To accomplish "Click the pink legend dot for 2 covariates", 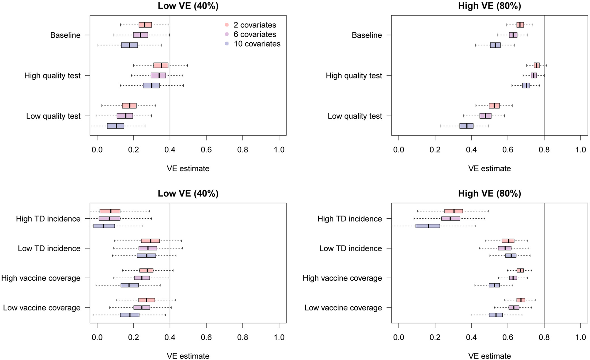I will pos(227,25).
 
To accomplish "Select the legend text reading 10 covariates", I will pos(257,44).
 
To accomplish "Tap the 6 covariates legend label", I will pos(255,35).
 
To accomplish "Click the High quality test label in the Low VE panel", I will pos(52,76).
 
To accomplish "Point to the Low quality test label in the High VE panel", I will pos(355,116).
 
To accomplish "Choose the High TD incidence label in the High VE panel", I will pos(350,219).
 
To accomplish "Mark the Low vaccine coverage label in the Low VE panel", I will pos(42,308).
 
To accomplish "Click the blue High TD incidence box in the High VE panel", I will pos(427,226).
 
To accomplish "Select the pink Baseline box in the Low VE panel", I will pos(145,25).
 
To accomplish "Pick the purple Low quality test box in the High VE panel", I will pos(485,116).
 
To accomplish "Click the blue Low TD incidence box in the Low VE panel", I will pos(146,256).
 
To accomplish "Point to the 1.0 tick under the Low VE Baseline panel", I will pos(279,150).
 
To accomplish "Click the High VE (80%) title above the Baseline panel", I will pos(489,6).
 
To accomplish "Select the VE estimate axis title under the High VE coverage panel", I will pos(489,356).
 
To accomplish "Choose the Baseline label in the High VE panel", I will pos(367,35).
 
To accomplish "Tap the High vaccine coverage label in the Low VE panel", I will pos(41,278).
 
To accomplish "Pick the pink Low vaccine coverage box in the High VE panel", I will pos(521,300).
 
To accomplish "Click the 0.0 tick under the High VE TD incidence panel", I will pos(399,337).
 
